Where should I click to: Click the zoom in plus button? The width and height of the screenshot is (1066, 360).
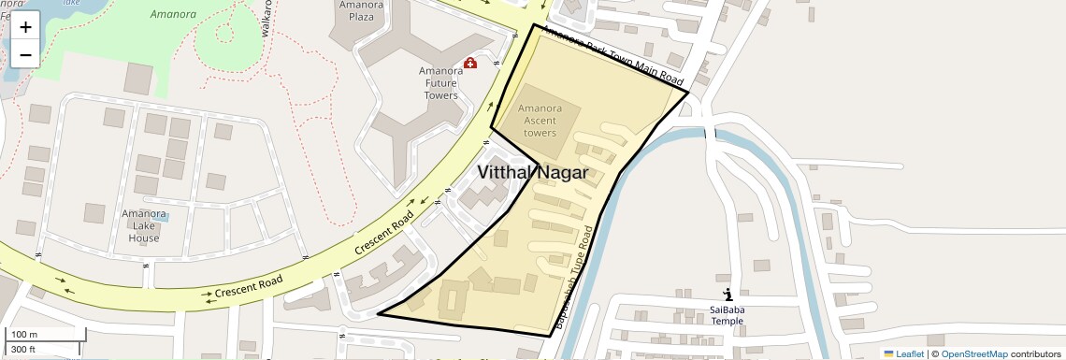click(x=25, y=27)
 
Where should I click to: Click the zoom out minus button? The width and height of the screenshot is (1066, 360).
click(x=25, y=54)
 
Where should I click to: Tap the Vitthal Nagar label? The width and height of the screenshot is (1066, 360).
click(x=532, y=172)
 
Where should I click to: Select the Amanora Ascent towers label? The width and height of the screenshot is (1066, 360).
click(x=540, y=121)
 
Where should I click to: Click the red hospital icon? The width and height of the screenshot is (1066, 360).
click(x=470, y=63)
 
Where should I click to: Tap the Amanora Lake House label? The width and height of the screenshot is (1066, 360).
click(x=144, y=225)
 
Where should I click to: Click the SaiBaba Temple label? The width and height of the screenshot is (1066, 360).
click(x=727, y=315)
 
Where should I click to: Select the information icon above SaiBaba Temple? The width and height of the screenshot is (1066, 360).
click(x=727, y=295)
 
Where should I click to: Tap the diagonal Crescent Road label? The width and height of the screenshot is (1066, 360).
click(x=383, y=235)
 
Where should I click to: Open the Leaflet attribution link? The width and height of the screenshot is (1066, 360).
click(x=903, y=353)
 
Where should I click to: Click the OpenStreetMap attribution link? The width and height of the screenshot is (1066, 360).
click(x=973, y=353)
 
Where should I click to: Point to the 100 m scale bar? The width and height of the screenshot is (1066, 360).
click(x=45, y=334)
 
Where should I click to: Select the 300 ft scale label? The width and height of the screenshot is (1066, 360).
click(x=23, y=350)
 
